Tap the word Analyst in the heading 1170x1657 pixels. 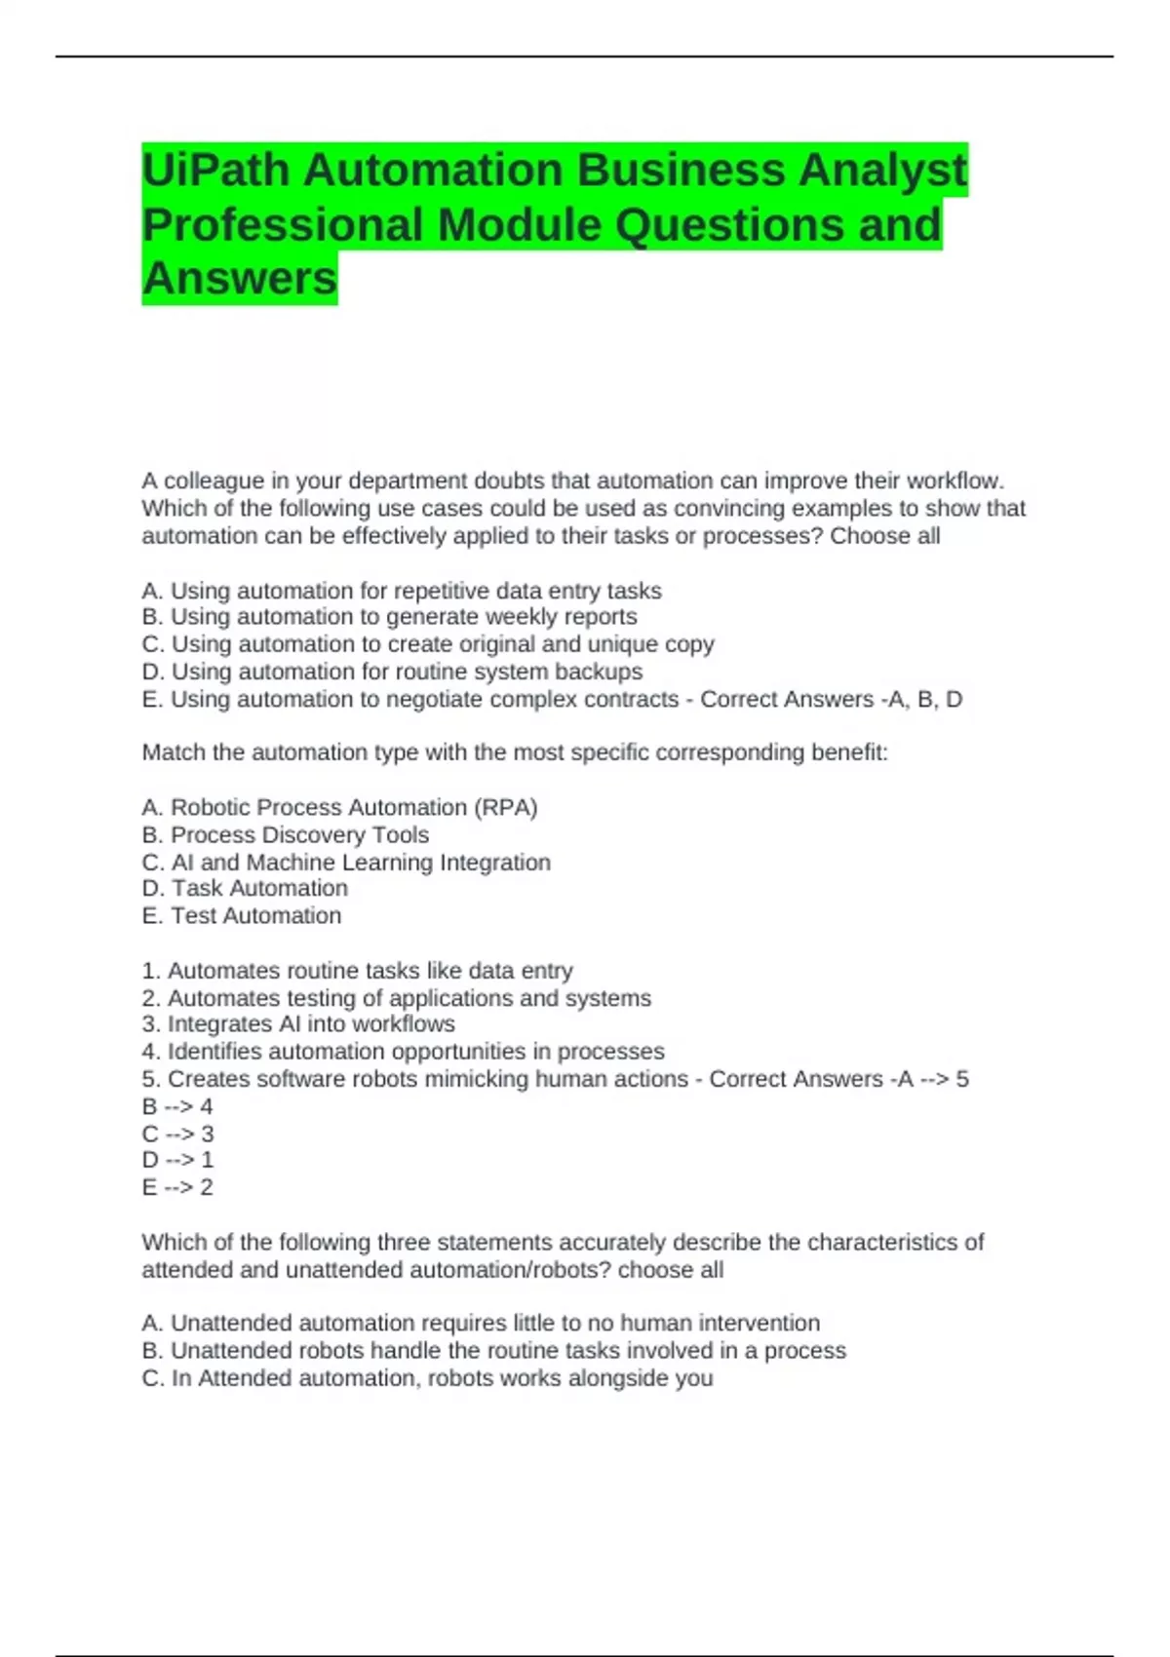[882, 171]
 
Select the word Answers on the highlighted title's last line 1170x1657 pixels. [239, 278]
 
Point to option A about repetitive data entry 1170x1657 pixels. [402, 591]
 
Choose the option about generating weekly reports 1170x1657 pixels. [390, 617]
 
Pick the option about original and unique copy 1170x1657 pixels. [428, 644]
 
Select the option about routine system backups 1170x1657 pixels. [392, 672]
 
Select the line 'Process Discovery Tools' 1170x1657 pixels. [286, 835]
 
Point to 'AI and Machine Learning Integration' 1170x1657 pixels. [346, 863]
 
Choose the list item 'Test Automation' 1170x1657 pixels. [242, 916]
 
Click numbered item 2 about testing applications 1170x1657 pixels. [397, 998]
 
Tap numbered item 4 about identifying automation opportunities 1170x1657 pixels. [403, 1052]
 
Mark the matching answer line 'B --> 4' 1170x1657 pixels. [177, 1107]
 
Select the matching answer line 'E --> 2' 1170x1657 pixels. [177, 1187]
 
